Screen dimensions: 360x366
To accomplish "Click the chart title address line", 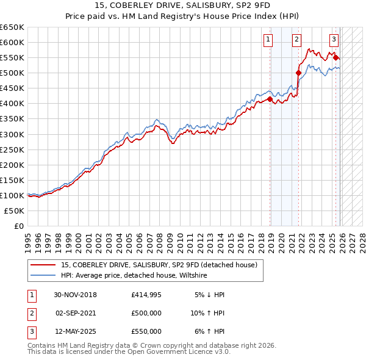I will pos(183,5).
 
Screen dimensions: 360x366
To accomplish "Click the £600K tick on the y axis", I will pos(12,42).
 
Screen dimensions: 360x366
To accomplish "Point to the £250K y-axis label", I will pos(12,149).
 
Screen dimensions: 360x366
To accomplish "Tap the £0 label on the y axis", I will pos(18,226).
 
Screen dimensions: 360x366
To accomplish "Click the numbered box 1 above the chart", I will pos(268,40).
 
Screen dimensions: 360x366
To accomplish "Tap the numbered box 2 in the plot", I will pos(296,40).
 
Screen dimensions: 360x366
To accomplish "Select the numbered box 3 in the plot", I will pos(334,40).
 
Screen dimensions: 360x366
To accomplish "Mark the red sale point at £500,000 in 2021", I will pos(299,73).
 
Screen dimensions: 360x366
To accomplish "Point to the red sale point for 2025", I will pos(336,57).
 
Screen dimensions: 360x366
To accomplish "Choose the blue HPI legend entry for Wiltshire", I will pos(134,276).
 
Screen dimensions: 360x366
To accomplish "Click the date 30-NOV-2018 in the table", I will pos(75,295).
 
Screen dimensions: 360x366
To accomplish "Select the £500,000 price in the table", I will pos(146,313).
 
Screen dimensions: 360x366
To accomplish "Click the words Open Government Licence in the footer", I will pos(167,352).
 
